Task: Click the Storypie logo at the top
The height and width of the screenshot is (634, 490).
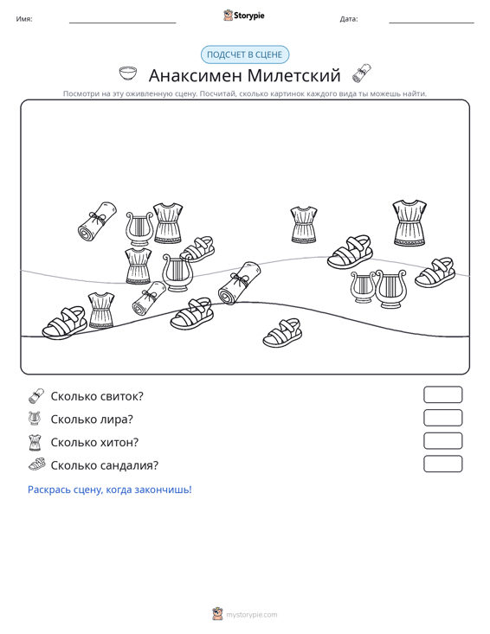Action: [244, 16]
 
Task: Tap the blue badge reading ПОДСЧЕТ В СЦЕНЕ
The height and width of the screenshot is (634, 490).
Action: [245, 54]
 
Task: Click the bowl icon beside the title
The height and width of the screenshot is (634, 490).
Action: [128, 74]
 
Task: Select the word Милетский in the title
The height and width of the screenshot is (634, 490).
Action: [293, 75]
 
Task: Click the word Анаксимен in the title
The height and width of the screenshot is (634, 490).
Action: [196, 75]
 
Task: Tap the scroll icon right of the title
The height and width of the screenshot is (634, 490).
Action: [362, 74]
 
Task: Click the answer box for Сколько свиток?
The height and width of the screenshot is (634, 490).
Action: [442, 395]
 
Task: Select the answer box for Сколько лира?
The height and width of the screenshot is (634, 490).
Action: [442, 418]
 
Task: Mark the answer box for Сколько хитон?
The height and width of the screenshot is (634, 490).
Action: [442, 441]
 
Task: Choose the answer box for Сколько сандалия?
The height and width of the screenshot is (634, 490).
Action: [442, 464]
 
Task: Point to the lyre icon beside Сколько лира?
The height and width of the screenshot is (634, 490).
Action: [35, 419]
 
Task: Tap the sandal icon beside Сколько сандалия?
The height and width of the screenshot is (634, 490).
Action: [37, 464]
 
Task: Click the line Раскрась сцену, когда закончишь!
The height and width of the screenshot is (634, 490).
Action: [110, 490]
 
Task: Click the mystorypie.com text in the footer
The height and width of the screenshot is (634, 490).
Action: [252, 615]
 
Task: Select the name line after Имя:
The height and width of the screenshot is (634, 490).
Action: [123, 22]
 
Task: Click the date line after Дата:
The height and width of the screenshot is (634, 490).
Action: [431, 22]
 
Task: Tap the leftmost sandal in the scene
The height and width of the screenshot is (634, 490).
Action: [65, 323]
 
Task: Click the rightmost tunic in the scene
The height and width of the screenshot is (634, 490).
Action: [409, 223]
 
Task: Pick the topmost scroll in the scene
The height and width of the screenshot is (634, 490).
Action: [97, 221]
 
